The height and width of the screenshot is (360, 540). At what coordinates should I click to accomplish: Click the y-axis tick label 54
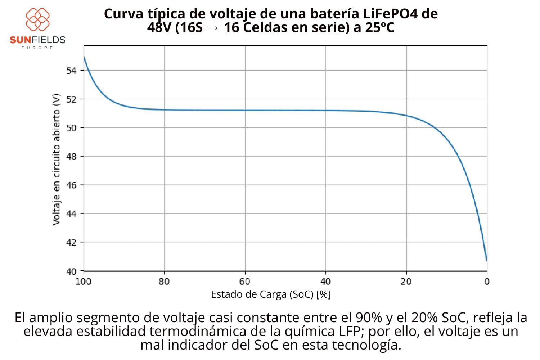(71, 71)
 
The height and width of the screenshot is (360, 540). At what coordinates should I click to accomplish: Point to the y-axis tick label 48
(71, 157)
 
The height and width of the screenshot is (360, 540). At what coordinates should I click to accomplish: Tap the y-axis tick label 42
(71, 242)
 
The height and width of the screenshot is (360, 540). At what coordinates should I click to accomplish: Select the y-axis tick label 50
(71, 128)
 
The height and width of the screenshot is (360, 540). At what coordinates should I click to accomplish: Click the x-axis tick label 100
(84, 282)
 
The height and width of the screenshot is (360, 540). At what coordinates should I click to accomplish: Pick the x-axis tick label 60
(245, 282)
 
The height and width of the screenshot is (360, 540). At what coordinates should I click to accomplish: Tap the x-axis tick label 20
(406, 282)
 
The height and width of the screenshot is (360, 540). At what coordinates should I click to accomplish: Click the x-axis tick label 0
(487, 282)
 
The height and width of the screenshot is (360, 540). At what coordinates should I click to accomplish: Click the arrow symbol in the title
(213, 28)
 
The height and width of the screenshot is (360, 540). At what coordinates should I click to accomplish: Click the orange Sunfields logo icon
(37, 19)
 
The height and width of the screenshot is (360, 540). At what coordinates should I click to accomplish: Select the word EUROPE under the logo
(37, 48)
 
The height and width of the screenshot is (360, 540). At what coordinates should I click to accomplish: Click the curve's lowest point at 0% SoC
(486, 260)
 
